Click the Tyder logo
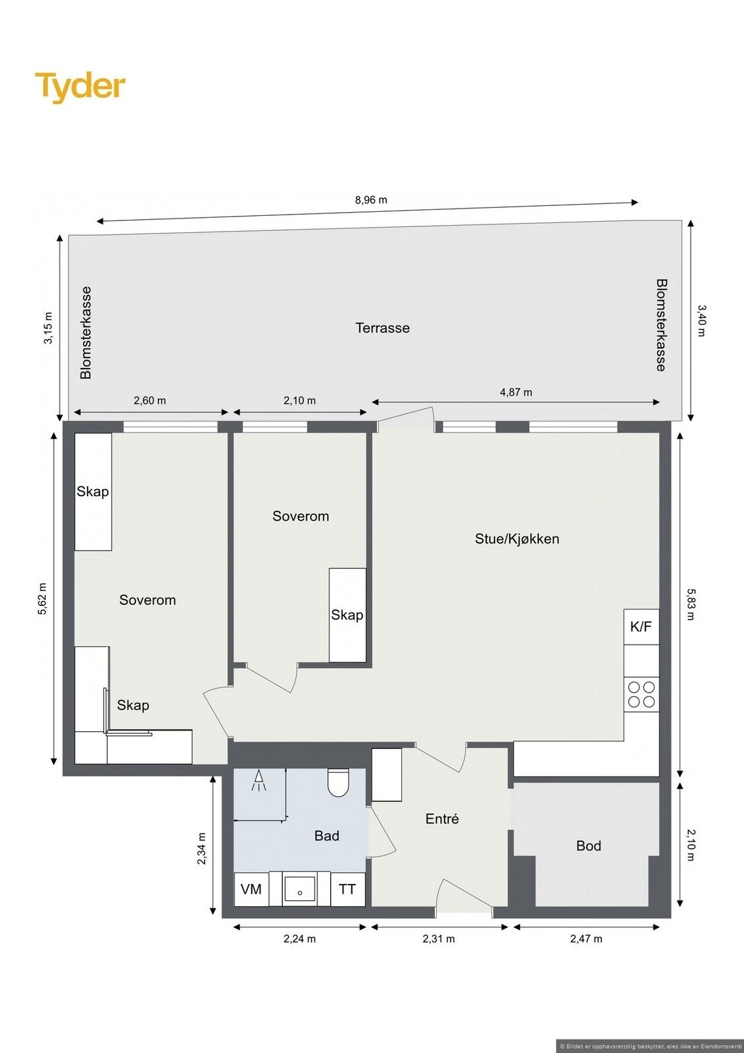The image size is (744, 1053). (x=80, y=87)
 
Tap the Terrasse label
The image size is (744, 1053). (x=382, y=328)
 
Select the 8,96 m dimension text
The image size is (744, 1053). (x=371, y=200)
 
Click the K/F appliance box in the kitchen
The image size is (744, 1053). (x=641, y=627)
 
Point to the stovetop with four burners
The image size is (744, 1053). (x=641, y=694)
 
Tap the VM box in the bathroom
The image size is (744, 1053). (x=251, y=889)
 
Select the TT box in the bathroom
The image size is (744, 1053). (x=347, y=889)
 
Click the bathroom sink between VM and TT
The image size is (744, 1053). (x=299, y=889)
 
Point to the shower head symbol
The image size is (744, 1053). (x=259, y=781)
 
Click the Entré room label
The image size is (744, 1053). (x=442, y=819)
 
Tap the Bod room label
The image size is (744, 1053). (x=588, y=846)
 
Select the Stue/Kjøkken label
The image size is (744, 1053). (x=517, y=539)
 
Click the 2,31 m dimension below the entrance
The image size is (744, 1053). (x=439, y=938)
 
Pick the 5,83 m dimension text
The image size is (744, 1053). (x=690, y=604)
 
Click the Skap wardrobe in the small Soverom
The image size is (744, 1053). (x=347, y=615)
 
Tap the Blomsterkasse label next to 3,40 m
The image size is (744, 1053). (x=661, y=325)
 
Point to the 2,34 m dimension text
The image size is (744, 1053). (x=202, y=849)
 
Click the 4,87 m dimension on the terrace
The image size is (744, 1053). (x=516, y=392)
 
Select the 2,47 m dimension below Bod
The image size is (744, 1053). (x=586, y=938)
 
